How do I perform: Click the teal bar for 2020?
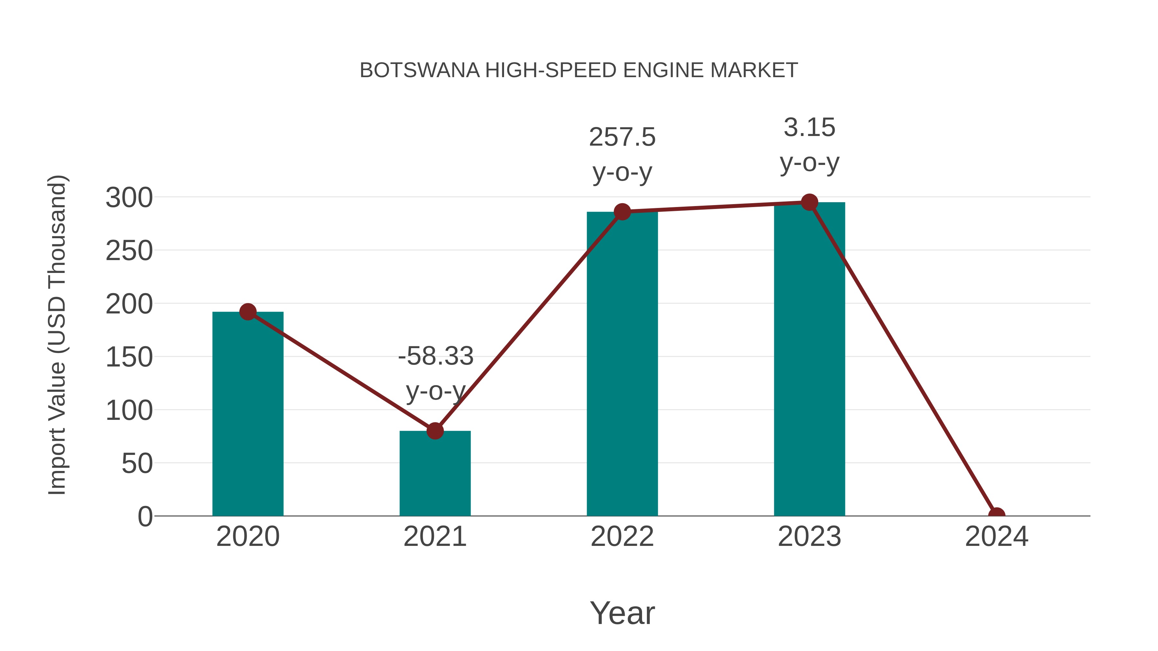pyautogui.click(x=248, y=413)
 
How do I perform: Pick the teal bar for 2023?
pyautogui.click(x=809, y=359)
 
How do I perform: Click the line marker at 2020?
pyautogui.click(x=248, y=312)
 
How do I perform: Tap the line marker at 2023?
pyautogui.click(x=809, y=203)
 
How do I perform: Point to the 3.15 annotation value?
pyautogui.click(x=809, y=128)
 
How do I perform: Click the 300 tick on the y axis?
pyautogui.click(x=129, y=198)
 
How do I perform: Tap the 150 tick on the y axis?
pyautogui.click(x=129, y=357)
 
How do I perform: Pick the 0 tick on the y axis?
pyautogui.click(x=145, y=517)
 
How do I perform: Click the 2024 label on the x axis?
pyautogui.click(x=997, y=537)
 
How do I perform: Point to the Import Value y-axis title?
pyautogui.click(x=58, y=335)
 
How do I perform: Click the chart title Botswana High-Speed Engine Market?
pyautogui.click(x=579, y=70)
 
